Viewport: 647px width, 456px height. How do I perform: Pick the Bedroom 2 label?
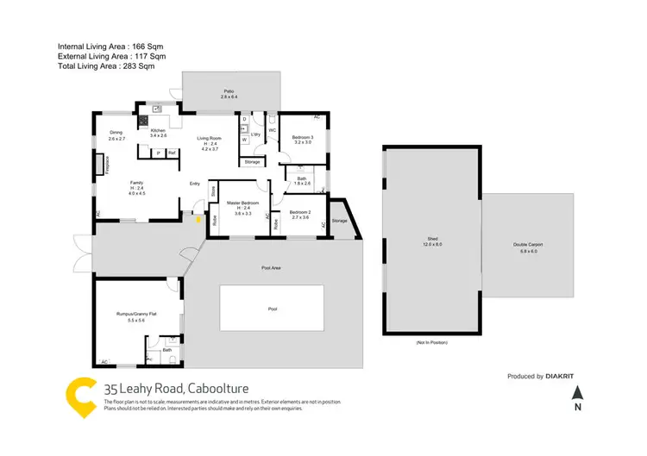299,215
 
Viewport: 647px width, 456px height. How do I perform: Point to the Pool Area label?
272,268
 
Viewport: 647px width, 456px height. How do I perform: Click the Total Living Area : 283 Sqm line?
105,66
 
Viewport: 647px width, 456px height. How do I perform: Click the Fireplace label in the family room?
106,165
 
